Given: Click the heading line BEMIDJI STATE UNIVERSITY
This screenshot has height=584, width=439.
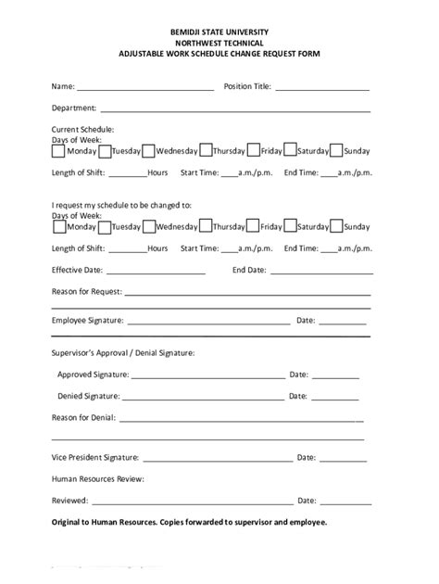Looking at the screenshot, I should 219,32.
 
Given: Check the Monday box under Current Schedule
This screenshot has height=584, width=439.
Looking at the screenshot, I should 58,150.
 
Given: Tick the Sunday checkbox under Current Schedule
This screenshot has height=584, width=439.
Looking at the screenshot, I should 336,150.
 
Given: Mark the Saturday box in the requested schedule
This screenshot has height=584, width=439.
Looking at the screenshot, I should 290,225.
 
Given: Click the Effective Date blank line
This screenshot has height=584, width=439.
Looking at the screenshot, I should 158,273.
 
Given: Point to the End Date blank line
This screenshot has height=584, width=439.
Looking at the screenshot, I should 320,273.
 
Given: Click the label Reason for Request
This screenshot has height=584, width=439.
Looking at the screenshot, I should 84,292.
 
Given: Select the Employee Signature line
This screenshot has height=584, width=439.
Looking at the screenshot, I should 207,324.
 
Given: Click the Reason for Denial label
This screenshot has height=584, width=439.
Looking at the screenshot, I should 83,418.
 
